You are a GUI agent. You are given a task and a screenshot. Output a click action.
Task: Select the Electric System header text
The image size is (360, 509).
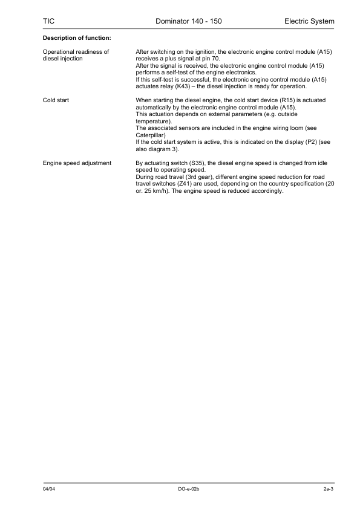pos(309,22)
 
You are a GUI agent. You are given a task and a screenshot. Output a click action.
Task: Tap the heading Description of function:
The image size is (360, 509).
pos(76,39)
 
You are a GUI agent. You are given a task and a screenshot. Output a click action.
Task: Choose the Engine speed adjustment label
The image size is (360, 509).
pos(77,163)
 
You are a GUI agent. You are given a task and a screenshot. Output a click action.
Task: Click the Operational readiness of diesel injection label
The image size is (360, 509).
pos(76,55)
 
